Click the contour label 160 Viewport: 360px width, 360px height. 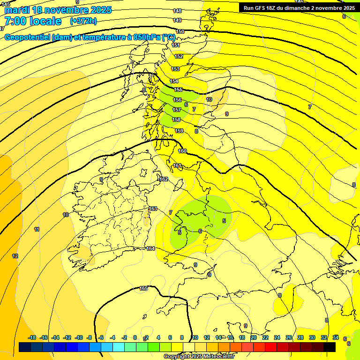[182, 151]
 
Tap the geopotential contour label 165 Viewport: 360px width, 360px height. [143, 288]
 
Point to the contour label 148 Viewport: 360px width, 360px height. [177, 11]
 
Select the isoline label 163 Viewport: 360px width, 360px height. [152, 209]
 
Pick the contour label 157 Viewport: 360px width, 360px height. [177, 110]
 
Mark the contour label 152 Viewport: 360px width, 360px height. [179, 56]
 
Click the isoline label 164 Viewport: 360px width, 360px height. [150, 248]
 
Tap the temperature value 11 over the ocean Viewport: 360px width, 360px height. [37, 229]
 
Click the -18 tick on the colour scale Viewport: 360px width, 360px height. [32, 337]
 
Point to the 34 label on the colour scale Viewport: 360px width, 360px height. [336, 337]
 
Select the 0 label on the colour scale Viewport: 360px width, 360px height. [135, 337]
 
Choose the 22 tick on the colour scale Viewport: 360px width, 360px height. [265, 337]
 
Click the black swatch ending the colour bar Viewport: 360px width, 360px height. [330, 347]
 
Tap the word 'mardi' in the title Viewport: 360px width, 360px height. [16, 10]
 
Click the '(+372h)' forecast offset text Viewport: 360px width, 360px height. [83, 21]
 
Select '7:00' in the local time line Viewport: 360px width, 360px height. [15, 21]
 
